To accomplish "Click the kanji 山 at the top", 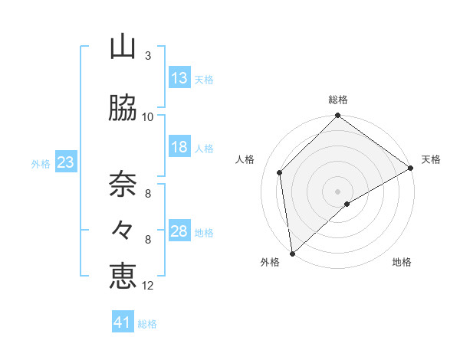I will pos(123,47).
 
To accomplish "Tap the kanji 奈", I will pos(123,183).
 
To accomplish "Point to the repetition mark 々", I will pos(123,229).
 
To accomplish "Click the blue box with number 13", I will pos(179,78).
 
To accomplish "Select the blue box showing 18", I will pos(179,147).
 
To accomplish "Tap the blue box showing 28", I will pos(179,231).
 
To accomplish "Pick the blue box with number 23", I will pos(65,162).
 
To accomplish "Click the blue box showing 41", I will pos(123,322).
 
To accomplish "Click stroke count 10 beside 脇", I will pos(148,116).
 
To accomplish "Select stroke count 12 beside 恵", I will pos(148,286).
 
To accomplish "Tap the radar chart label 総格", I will pos(337,100).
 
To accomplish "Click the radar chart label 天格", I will pos(431,159).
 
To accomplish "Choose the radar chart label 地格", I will pos(402,262).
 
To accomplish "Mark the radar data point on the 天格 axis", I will pos(411,168).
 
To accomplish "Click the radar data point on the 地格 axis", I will pos(347,204).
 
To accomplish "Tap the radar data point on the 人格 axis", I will pos(280,172).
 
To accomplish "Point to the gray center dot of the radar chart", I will pos(337,191).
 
